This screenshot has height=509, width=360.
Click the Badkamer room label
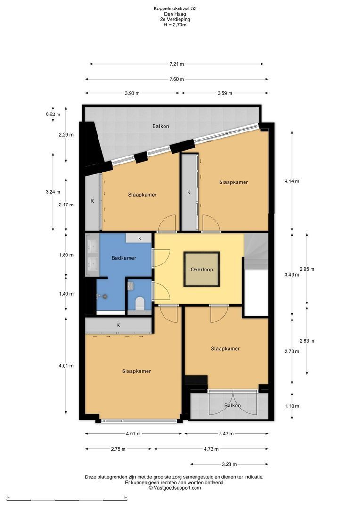[x=123, y=258]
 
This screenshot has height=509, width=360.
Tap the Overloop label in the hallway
[x=202, y=270]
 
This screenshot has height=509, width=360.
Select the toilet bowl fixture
[x=139, y=303]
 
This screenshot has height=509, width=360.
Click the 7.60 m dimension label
[x=177, y=79]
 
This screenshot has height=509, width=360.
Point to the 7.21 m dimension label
[x=177, y=64]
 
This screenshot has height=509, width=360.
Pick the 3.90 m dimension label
[x=132, y=93]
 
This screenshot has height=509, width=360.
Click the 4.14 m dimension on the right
[x=292, y=181]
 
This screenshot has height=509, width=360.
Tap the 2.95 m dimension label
[x=307, y=269]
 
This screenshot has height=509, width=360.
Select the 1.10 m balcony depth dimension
[x=292, y=406]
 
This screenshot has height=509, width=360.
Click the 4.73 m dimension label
[x=211, y=449]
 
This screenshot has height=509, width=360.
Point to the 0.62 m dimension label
[x=53, y=114]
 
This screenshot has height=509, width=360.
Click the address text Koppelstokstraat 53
[x=175, y=9]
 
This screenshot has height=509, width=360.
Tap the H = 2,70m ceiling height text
[x=175, y=25]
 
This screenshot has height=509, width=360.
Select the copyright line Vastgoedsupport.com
[x=175, y=488]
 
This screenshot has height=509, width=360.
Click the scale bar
[x=66, y=500]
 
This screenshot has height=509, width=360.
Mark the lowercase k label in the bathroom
[x=140, y=238]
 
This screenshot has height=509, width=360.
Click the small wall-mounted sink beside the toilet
[x=131, y=286]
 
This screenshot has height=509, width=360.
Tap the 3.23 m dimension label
[x=229, y=464]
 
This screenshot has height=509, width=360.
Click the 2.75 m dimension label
[x=118, y=449]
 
